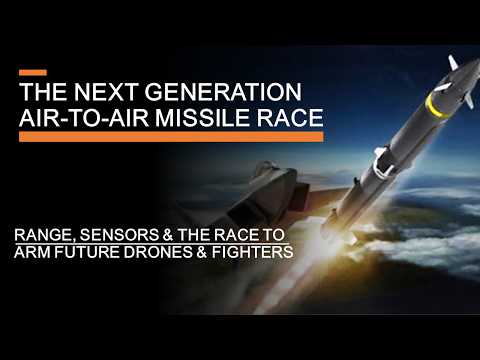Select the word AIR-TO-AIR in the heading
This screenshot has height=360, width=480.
(x=85, y=116)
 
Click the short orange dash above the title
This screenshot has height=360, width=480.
(x=32, y=72)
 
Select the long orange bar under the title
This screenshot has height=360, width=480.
(x=170, y=136)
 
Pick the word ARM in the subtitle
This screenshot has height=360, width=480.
(x=31, y=251)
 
